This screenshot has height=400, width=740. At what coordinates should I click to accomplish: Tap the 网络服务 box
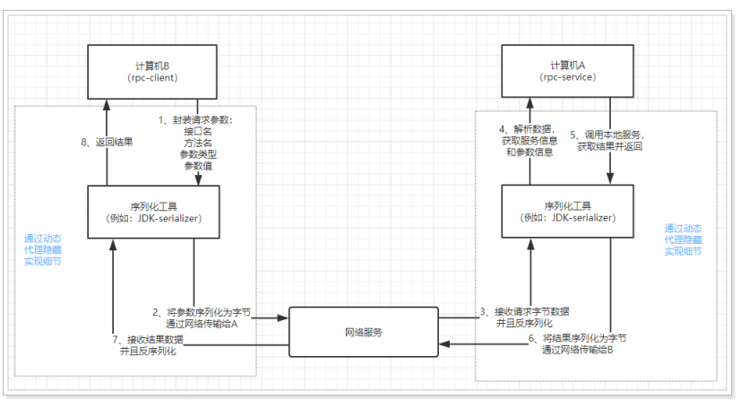click(x=364, y=333)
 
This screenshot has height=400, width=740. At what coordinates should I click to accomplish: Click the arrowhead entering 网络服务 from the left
click(x=284, y=316)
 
